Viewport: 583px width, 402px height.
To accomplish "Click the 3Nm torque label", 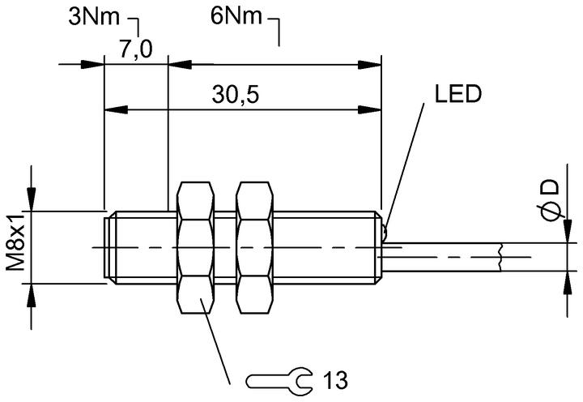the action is [95, 17].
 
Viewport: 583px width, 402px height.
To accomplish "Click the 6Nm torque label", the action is [236, 16].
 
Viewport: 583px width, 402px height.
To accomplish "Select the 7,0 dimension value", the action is [136, 49].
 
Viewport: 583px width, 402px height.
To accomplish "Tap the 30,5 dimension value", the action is [236, 94].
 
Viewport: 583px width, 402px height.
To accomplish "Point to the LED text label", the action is [458, 94].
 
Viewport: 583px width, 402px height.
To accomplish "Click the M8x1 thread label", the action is [16, 242].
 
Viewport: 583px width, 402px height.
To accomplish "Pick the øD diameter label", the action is [550, 200].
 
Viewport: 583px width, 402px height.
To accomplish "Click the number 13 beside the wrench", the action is [335, 380].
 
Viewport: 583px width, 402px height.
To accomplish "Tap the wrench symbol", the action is [279, 381].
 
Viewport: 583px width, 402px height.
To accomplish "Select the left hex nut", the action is [196, 247].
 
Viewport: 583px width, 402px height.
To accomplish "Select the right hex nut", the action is [255, 247].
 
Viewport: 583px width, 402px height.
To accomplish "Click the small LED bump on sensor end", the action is [385, 233].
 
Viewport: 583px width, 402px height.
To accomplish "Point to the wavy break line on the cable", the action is [500, 257].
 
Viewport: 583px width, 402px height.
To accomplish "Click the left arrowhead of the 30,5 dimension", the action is [116, 109].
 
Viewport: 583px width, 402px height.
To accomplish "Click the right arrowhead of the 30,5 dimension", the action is [369, 109].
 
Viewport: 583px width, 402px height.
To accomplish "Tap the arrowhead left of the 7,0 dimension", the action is [92, 64].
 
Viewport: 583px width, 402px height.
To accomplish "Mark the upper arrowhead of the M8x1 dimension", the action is [32, 199].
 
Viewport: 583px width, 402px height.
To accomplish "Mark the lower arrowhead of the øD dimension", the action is [568, 283].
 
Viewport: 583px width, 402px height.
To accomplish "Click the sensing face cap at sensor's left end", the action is [109, 248].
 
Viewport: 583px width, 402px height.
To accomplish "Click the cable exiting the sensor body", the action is [442, 257].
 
